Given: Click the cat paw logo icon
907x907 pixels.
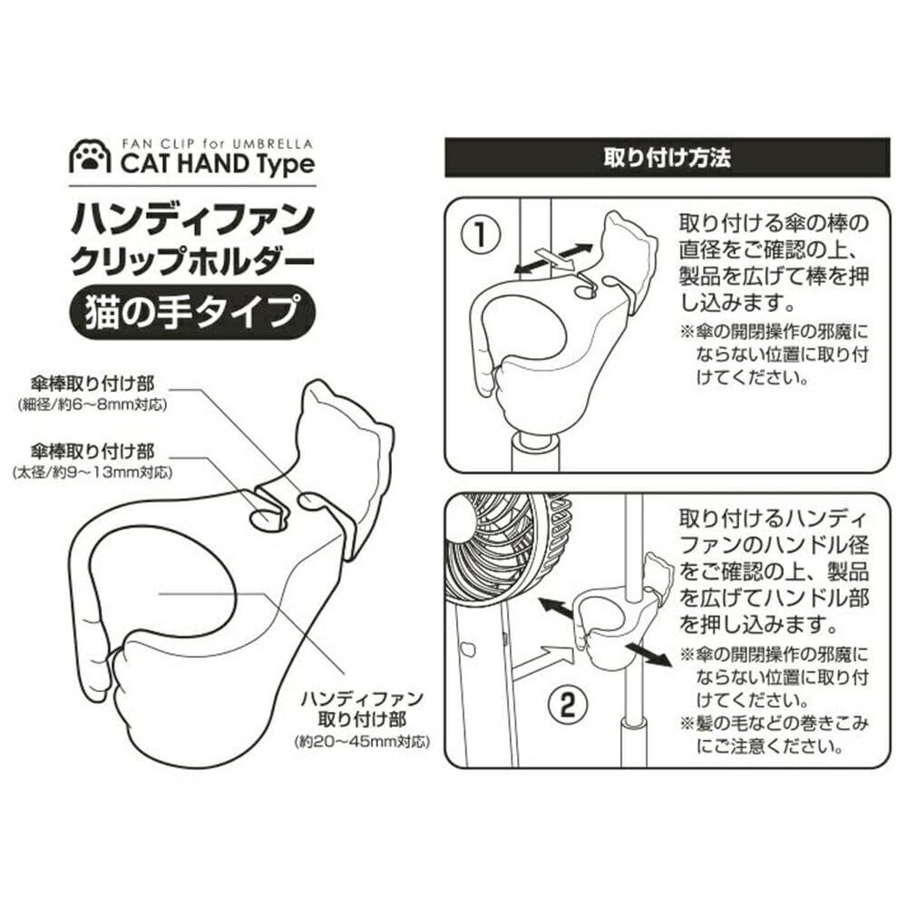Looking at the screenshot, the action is (x=90, y=156).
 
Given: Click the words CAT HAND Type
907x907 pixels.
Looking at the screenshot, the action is (x=218, y=164).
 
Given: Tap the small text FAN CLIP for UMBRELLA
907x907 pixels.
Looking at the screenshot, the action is (x=218, y=143).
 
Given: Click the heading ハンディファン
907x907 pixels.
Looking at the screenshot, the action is (x=192, y=219).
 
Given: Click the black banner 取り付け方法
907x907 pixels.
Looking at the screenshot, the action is (x=667, y=157).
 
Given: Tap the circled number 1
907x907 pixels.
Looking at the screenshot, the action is (x=480, y=235).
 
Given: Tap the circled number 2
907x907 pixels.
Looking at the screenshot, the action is (x=567, y=704).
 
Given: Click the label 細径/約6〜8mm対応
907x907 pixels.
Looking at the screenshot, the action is (x=93, y=405).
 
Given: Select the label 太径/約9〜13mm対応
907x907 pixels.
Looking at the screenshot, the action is (x=93, y=473).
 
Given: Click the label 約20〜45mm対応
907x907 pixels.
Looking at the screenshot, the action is (x=362, y=742).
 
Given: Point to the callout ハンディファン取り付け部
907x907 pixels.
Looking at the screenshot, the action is (x=362, y=709).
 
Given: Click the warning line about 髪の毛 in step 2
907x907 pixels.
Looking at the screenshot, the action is (x=775, y=735).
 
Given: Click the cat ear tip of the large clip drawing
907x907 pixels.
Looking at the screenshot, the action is (x=316, y=382).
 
